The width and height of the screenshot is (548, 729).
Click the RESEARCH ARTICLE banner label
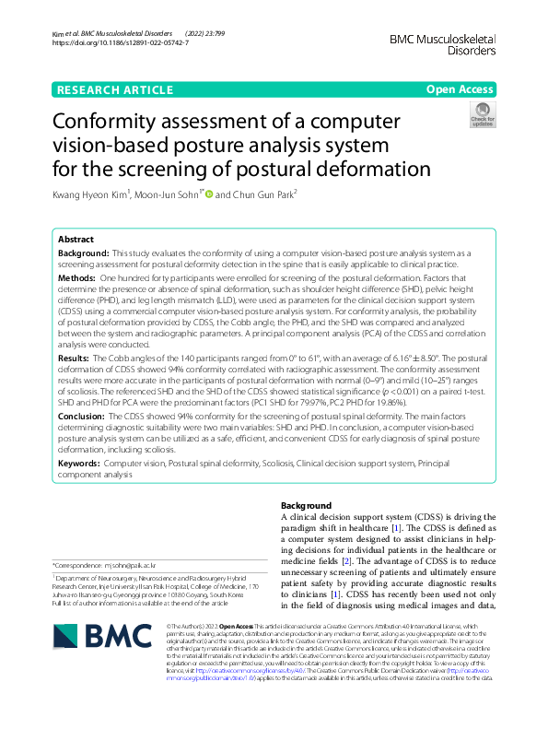pos(114,89)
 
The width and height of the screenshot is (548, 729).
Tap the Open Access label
pos(461,89)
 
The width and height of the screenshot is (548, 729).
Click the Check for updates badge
pos(482,115)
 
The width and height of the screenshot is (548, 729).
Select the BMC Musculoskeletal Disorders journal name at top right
pos(443,44)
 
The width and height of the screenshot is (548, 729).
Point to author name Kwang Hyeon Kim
pos(90,194)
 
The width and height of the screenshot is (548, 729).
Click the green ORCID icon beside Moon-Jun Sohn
pos(208,194)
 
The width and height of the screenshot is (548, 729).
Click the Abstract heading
pos(76,239)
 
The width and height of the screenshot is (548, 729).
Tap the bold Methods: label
pos(76,277)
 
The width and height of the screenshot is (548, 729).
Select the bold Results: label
pos(74,357)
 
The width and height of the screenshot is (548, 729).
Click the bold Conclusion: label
pos(82,416)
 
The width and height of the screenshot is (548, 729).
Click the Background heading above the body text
pos(306,506)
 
